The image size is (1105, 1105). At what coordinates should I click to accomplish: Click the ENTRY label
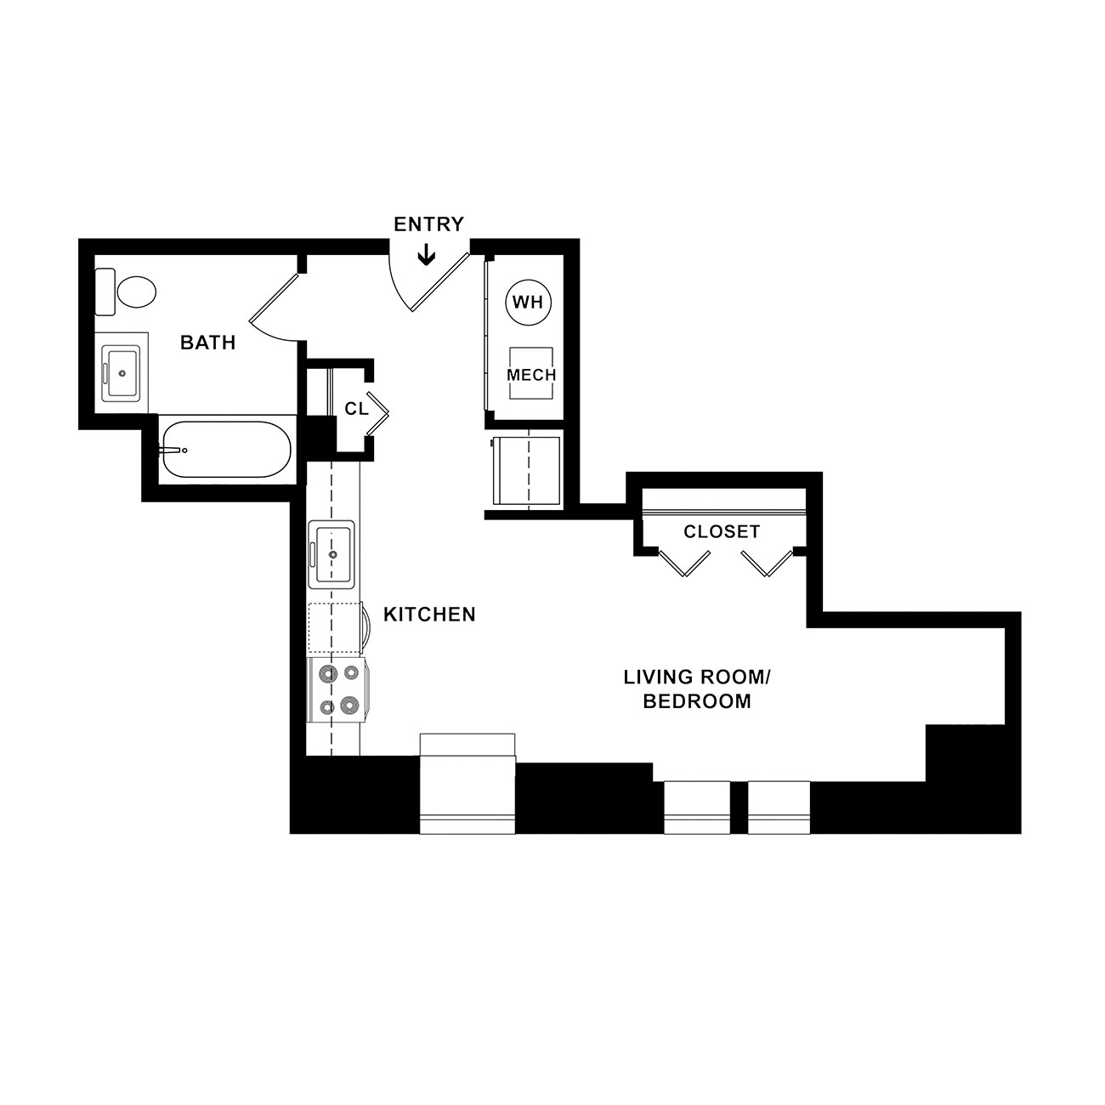(428, 224)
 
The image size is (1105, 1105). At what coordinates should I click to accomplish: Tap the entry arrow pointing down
(426, 255)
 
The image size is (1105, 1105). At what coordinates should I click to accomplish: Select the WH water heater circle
(528, 303)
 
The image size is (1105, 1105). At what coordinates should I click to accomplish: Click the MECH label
(531, 375)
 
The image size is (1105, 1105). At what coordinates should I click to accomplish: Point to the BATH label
(207, 343)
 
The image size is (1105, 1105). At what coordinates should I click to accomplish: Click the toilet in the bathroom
(126, 292)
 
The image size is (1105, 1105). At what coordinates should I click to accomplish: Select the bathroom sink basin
(121, 373)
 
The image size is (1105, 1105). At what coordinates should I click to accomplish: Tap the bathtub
(226, 450)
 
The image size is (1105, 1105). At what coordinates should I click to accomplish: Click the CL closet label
(356, 409)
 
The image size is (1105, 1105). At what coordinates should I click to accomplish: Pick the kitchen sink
(331, 554)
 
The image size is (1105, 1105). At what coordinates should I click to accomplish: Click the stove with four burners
(338, 689)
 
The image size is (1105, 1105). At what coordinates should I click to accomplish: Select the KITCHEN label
(429, 615)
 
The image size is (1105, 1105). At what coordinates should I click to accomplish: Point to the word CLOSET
(722, 531)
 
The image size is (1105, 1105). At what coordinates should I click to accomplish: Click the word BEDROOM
(697, 701)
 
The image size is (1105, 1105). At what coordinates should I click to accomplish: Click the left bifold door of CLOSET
(684, 563)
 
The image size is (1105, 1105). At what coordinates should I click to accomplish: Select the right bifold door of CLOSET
(767, 563)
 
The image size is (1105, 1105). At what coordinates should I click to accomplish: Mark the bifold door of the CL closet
(378, 413)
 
